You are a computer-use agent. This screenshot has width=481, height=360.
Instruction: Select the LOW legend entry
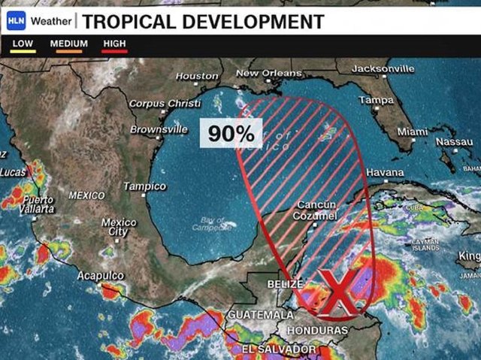pyautogui.click(x=23, y=44)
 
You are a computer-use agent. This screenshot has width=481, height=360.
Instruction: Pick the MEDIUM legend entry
pyautogui.click(x=68, y=44)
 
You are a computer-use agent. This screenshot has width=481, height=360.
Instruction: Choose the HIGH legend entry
pyautogui.click(x=115, y=44)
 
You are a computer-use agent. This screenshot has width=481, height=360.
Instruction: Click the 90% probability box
pyautogui.click(x=231, y=134)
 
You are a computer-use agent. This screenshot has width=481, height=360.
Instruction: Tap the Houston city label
pyautogui.click(x=197, y=76)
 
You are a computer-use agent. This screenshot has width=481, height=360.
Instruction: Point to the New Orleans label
pyautogui.click(x=268, y=73)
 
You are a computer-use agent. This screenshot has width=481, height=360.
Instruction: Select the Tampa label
pyautogui.click(x=376, y=100)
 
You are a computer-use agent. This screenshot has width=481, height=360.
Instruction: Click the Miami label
pyautogui.click(x=412, y=132)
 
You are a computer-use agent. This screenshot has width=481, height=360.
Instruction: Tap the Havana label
pyautogui.click(x=385, y=172)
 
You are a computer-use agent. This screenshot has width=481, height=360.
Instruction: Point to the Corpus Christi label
pyautogui.click(x=165, y=103)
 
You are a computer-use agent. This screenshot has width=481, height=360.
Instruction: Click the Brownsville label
pyautogui.click(x=159, y=129)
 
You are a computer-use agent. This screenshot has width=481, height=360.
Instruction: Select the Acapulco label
pyautogui.click(x=100, y=276)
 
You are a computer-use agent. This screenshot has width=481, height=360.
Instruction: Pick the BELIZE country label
pyautogui.click(x=285, y=284)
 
